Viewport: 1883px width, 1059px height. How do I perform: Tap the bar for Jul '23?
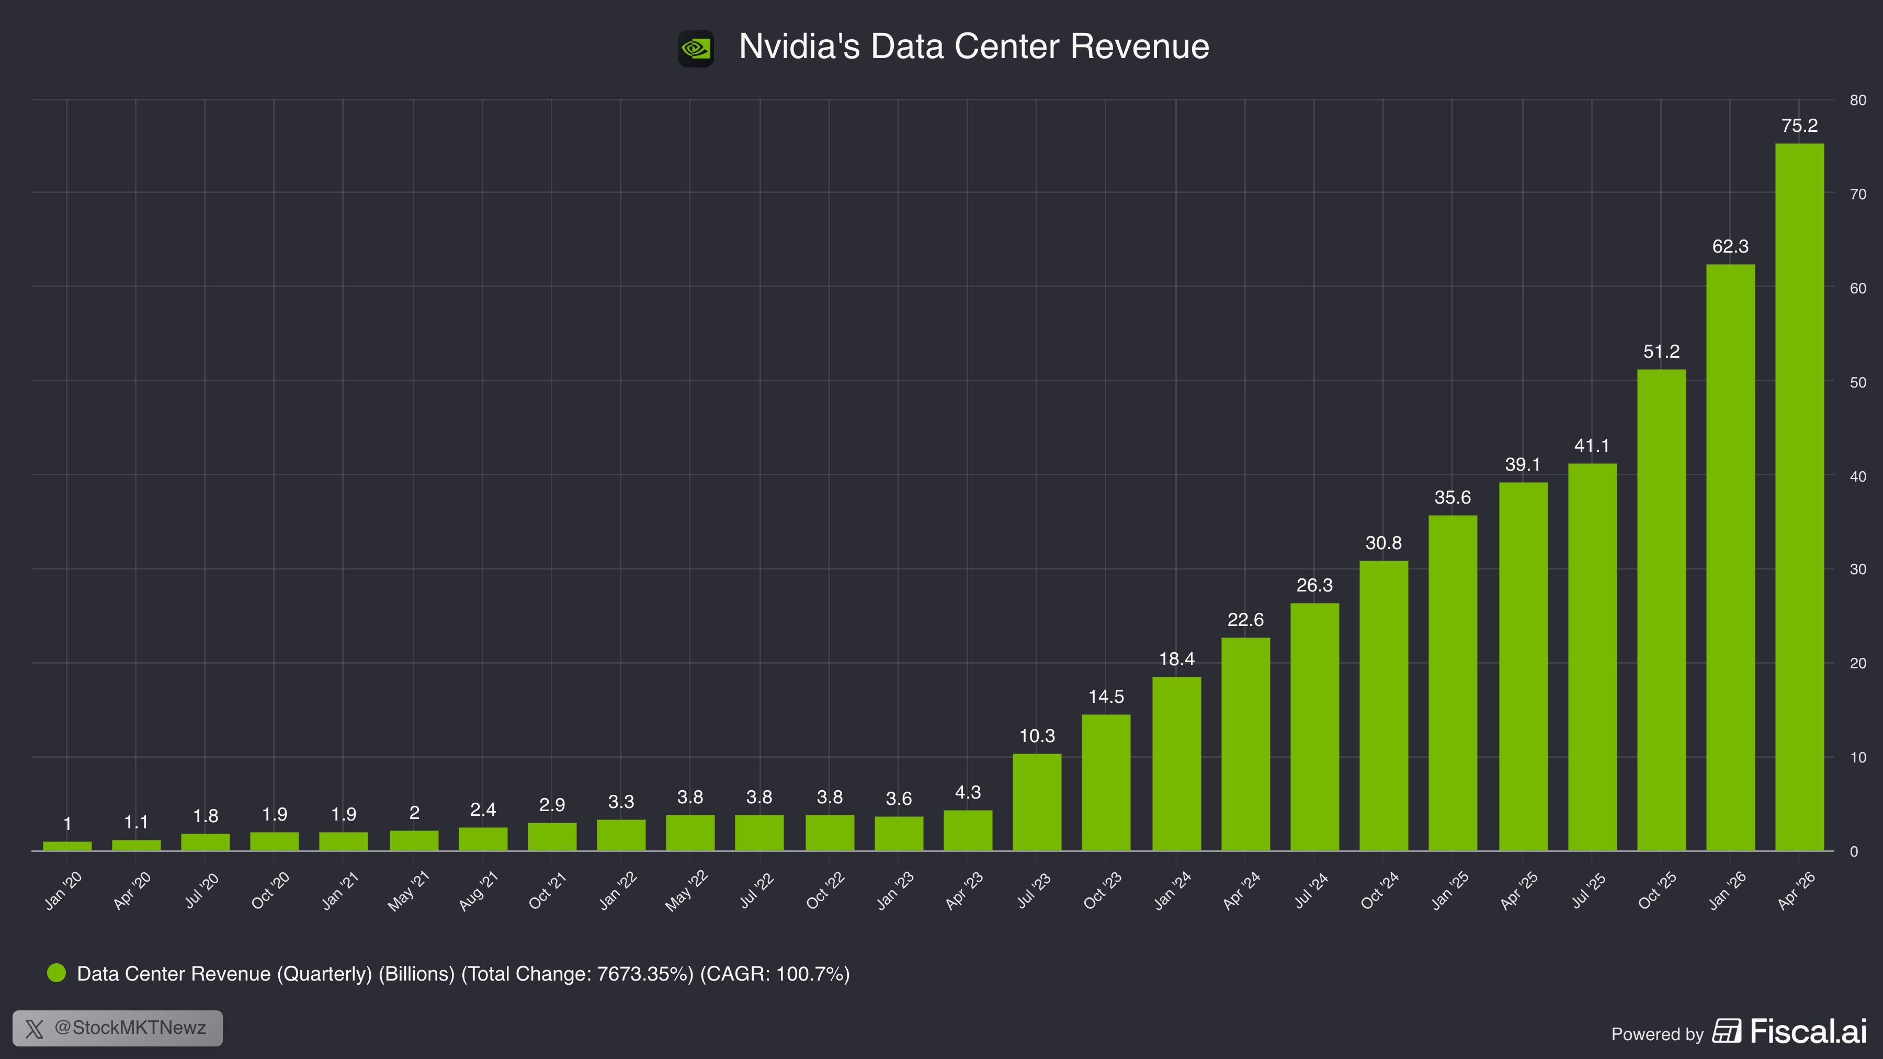point(1037,802)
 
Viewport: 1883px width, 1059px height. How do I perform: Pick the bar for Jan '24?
point(1176,764)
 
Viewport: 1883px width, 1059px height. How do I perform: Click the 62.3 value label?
point(1730,247)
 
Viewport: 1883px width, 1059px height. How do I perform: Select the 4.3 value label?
point(968,792)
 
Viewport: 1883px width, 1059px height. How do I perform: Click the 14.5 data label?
point(1106,697)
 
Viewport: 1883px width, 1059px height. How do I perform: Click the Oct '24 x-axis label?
point(1379,890)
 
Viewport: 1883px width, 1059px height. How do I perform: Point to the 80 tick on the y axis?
point(1857,100)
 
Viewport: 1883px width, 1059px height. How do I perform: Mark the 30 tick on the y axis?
point(1857,570)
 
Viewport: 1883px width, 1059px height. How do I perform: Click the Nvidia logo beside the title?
point(695,48)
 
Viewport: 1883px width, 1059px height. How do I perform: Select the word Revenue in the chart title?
point(1140,46)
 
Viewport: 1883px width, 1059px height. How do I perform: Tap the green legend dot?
point(56,973)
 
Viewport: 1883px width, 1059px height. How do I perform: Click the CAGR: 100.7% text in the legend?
point(775,974)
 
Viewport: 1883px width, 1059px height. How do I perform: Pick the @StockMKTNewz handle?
point(130,1028)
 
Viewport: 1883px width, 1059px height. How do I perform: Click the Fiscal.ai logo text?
point(1808,1031)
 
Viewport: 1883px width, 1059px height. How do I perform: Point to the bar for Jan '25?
point(1453,684)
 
